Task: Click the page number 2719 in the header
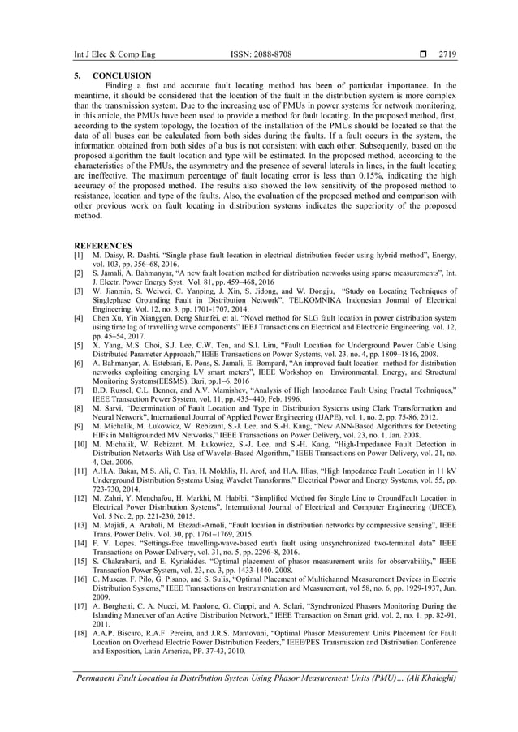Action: pyautogui.click(x=447, y=55)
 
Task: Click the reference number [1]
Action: pyautogui.click(x=80, y=255)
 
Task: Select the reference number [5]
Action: pyautogui.click(x=80, y=346)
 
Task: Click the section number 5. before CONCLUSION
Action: pyautogui.click(x=77, y=76)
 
